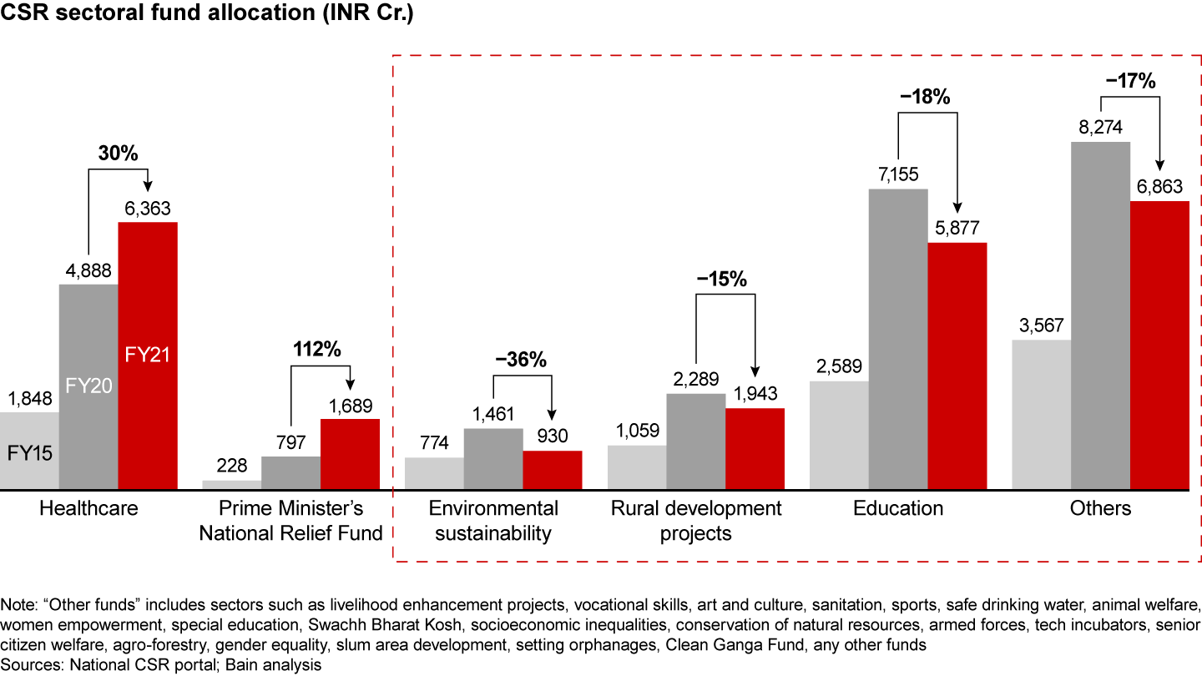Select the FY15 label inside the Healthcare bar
pyautogui.click(x=29, y=454)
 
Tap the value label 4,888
pyautogui.click(x=88, y=271)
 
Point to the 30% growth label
pyautogui.click(x=117, y=153)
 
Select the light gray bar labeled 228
pyautogui.click(x=232, y=485)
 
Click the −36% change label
pyautogui.click(x=521, y=361)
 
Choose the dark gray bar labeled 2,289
pyautogui.click(x=696, y=441)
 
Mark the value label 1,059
pyautogui.click(x=637, y=431)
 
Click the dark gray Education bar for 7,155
pyautogui.click(x=898, y=338)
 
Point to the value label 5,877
pyautogui.click(x=957, y=229)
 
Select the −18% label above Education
pyautogui.click(x=927, y=98)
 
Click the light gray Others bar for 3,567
pyautogui.click(x=1041, y=414)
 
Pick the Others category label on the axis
pyautogui.click(x=1100, y=508)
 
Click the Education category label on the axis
pyautogui.click(x=898, y=508)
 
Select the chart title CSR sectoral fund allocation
pyautogui.click(x=209, y=16)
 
